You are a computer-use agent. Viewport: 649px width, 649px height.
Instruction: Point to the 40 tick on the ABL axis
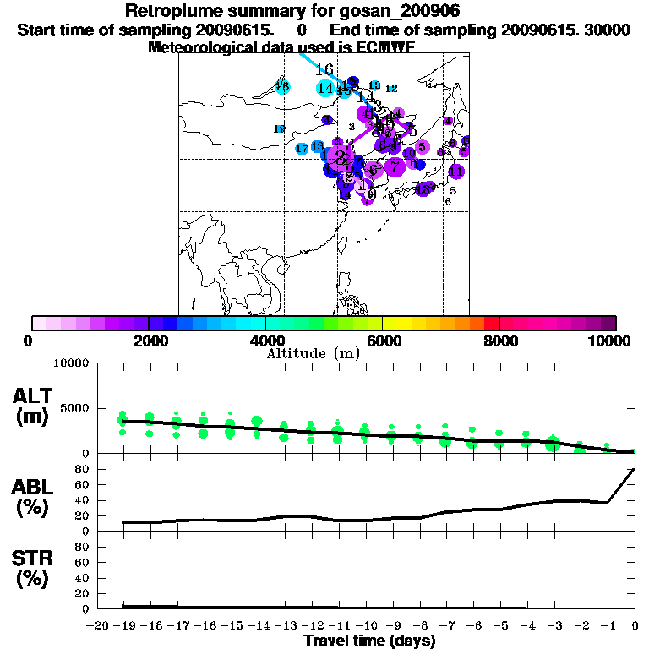point(84,499)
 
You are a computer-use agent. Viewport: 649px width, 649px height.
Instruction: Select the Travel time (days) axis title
point(369,641)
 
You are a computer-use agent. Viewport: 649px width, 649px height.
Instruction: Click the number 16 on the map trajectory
point(324,69)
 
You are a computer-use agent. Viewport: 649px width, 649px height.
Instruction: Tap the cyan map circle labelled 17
point(303,149)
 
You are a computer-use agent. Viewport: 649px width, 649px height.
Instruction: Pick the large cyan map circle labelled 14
point(325,87)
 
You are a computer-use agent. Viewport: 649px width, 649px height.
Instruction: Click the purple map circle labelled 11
point(456,172)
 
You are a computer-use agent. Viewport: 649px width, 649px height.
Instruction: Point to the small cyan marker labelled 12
point(391,88)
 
